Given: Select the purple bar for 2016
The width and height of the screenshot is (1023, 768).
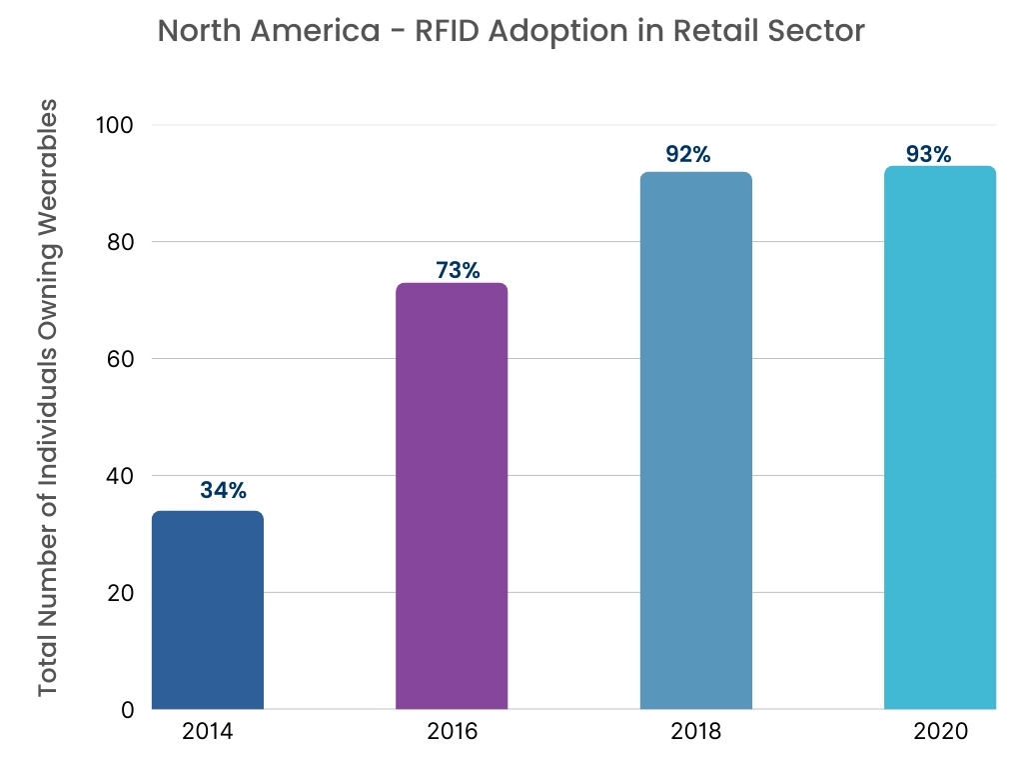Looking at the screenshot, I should click(452, 496).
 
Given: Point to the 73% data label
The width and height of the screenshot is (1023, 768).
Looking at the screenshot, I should click(458, 270).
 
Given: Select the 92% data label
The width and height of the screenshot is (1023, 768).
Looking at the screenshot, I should click(687, 155).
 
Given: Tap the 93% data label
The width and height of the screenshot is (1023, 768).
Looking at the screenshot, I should click(928, 155).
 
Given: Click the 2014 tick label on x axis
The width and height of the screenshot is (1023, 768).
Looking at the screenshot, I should click(208, 732).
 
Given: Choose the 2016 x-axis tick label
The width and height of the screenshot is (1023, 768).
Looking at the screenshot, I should click(452, 732).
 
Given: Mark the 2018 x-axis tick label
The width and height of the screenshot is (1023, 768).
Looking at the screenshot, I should click(695, 732).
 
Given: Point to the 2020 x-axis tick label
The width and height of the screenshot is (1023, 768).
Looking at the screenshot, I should click(940, 732).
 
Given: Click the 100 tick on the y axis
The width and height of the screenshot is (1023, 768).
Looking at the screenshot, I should click(115, 125).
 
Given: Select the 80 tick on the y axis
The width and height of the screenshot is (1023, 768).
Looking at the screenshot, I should click(118, 242).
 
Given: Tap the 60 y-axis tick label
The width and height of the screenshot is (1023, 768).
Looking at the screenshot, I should click(118, 359).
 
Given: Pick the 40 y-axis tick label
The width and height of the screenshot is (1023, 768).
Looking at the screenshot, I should click(118, 476).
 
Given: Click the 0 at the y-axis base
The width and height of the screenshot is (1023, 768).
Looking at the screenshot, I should click(127, 710).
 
